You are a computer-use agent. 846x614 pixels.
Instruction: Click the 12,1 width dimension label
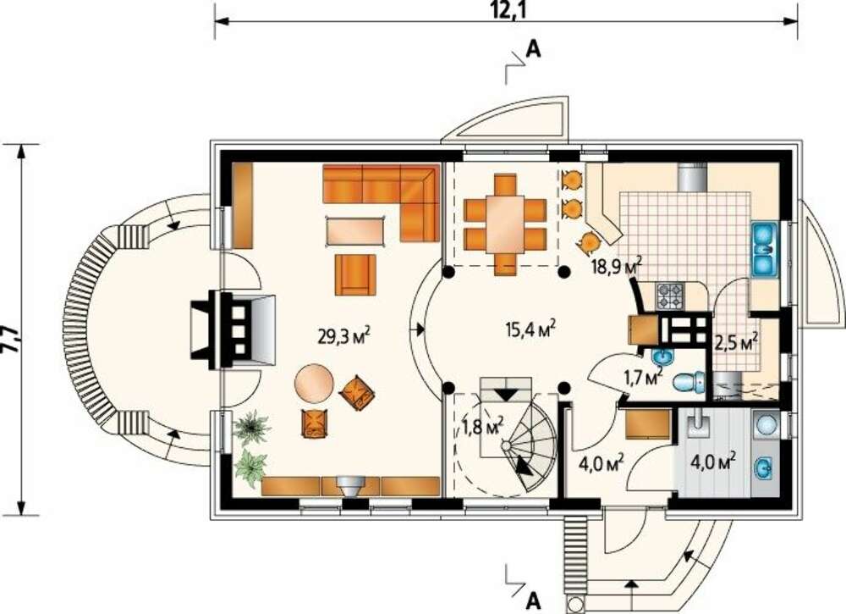click(x=506, y=9)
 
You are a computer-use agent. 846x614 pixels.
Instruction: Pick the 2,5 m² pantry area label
click(x=737, y=342)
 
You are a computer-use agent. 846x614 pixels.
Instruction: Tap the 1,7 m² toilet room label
click(x=643, y=376)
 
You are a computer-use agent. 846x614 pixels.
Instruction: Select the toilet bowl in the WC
click(x=689, y=381)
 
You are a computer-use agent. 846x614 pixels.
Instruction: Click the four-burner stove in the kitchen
click(x=669, y=296)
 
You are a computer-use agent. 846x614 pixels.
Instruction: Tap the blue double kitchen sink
click(x=765, y=250)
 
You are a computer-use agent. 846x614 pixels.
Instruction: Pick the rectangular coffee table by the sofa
click(x=355, y=232)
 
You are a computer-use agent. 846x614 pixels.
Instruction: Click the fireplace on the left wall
click(x=233, y=330)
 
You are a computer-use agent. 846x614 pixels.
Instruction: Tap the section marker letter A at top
click(x=532, y=50)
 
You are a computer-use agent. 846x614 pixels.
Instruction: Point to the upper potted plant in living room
click(x=252, y=427)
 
